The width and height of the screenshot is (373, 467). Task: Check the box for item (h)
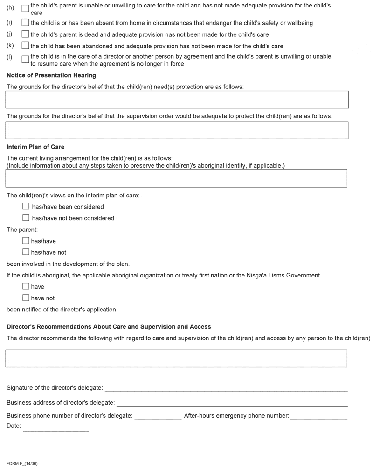(25, 8)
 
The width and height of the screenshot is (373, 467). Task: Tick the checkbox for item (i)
(25, 23)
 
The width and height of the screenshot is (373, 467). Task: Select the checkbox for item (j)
(25, 34)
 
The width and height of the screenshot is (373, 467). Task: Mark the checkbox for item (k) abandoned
(25, 46)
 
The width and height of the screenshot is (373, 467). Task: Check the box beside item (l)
(25, 59)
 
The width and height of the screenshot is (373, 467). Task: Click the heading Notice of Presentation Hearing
(51, 75)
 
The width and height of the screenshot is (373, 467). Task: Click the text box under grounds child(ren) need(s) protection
(177, 100)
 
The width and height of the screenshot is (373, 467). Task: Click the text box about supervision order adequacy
(177, 130)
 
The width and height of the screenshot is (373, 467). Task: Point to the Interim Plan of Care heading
(35, 147)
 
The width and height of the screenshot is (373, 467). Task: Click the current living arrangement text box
(176, 178)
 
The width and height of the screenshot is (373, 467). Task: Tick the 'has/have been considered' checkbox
(26, 206)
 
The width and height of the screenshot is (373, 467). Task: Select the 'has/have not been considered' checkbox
(26, 218)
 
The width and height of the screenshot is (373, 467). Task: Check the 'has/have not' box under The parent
(26, 252)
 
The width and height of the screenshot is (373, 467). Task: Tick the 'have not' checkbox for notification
(26, 298)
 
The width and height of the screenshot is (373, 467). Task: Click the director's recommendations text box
(176, 358)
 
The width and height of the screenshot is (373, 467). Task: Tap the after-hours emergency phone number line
(318, 416)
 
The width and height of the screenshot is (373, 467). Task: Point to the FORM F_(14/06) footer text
(22, 463)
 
